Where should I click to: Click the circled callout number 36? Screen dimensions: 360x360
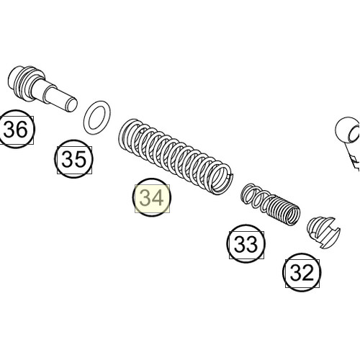coord(17,130)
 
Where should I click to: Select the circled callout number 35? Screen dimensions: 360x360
coord(75,160)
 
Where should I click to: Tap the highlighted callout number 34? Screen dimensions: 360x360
coord(152,197)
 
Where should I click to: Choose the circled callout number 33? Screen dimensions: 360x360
coord(246,244)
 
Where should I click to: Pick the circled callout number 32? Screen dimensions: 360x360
coord(302,272)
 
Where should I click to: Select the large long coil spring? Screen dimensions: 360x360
coord(176,155)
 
